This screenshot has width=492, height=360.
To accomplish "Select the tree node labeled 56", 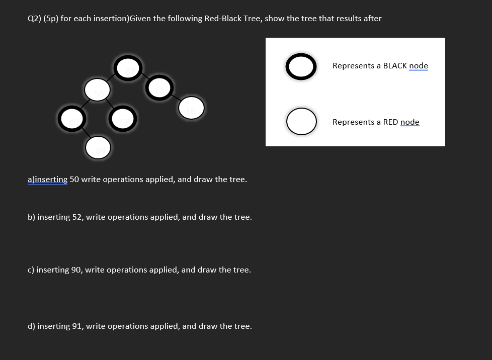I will pyautogui.click(x=97, y=91).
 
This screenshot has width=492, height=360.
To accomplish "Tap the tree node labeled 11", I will pyautogui.click(x=160, y=87).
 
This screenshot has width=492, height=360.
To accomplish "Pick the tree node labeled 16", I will pyautogui.click(x=191, y=108).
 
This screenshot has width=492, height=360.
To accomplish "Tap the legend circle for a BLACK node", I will pyautogui.click(x=301, y=66).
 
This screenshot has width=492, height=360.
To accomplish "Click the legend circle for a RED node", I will pyautogui.click(x=301, y=122).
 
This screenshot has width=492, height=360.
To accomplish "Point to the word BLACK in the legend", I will pyautogui.click(x=395, y=66).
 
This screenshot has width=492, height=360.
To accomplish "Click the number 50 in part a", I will pyautogui.click(x=74, y=179).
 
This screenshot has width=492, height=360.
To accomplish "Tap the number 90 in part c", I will pyautogui.click(x=76, y=270).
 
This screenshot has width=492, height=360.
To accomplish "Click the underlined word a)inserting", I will pyautogui.click(x=47, y=179).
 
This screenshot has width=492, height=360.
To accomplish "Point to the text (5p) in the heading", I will pyautogui.click(x=51, y=19).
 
